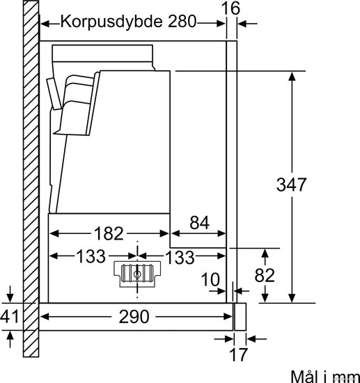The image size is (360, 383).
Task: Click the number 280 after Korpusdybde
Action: (x=182, y=22)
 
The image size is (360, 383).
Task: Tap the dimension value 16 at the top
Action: (x=230, y=8)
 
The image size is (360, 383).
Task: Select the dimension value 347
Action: (x=291, y=185)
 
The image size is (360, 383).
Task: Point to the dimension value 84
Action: (x=200, y=223)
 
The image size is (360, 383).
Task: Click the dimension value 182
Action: (x=109, y=233)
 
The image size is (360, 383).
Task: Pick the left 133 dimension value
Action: (x=91, y=256)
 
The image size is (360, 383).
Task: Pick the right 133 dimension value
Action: (x=180, y=257)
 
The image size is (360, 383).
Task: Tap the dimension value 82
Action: (x=265, y=275)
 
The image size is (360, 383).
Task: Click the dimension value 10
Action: (x=210, y=279)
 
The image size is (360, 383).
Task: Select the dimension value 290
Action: (x=134, y=317)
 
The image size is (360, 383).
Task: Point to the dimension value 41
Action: (x=9, y=317)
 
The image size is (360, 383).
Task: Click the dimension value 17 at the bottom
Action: (x=238, y=354)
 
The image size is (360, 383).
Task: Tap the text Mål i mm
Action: (x=325, y=376)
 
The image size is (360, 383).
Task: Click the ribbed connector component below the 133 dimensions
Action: (x=137, y=274)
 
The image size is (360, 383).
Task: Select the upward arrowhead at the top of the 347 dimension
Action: (x=292, y=77)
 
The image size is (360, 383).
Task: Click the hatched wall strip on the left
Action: (x=31, y=179)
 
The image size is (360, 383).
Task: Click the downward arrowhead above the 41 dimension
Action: (x=10, y=298)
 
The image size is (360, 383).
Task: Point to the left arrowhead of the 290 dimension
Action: (x=45, y=317)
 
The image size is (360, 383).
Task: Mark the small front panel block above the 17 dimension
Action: (x=240, y=317)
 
